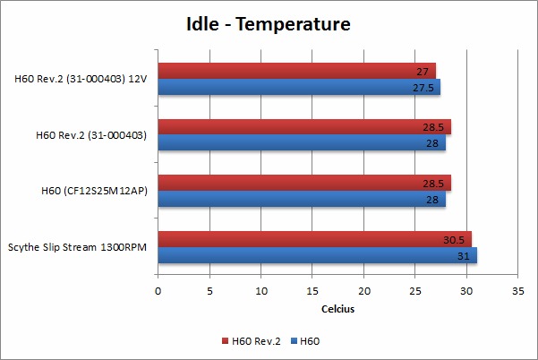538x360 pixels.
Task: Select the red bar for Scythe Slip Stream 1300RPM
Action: click(x=313, y=239)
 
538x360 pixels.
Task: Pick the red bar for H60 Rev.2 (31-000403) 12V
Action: click(x=295, y=71)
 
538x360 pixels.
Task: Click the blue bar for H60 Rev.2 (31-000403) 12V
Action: click(x=298, y=87)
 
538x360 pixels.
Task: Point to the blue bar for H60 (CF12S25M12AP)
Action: click(x=301, y=199)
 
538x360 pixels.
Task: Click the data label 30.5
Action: click(x=453, y=239)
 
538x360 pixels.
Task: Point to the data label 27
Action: click(x=422, y=71)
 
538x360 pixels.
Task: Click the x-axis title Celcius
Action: click(x=337, y=309)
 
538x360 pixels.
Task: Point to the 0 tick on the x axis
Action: click(x=158, y=291)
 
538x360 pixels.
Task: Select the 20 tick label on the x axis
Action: click(x=363, y=291)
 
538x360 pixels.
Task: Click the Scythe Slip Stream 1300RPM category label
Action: click(x=80, y=246)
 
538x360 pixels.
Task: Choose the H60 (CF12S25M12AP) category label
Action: click(x=94, y=190)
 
